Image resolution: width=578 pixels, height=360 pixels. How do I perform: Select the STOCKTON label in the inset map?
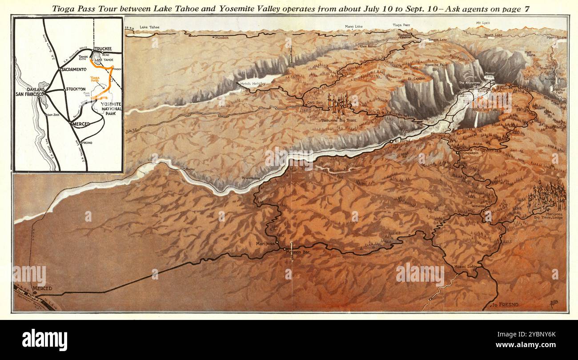tap(76, 89)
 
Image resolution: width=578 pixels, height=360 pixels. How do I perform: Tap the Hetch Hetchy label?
tap(253, 84)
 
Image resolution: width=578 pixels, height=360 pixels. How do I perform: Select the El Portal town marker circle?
tap(391, 141)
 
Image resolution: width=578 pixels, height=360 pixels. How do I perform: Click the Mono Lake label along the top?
tap(353, 27)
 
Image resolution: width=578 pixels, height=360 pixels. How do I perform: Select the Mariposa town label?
tap(265, 243)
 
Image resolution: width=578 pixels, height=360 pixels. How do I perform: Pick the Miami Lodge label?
tap(465, 267)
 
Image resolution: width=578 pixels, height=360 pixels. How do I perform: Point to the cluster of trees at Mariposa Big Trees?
tap(549, 195)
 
